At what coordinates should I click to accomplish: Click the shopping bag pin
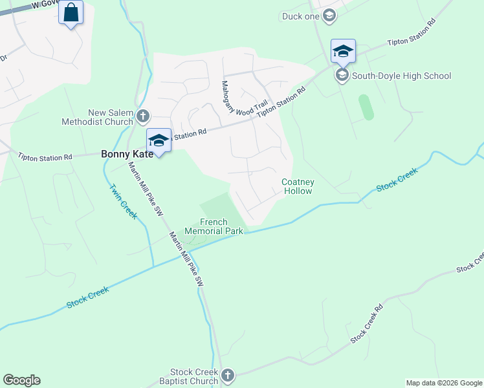(71, 12)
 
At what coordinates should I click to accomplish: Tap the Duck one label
(301, 16)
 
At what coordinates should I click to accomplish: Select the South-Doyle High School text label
(401, 76)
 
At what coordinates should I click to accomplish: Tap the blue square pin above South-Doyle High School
(342, 51)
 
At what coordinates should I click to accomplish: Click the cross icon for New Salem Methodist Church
(143, 116)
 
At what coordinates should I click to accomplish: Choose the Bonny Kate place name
(127, 154)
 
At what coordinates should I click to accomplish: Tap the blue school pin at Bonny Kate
(159, 140)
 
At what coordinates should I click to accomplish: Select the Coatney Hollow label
(298, 186)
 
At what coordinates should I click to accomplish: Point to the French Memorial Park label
(214, 226)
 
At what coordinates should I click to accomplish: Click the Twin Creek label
(123, 202)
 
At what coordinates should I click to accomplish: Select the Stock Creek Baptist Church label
(194, 376)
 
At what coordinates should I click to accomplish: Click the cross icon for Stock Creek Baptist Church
(227, 375)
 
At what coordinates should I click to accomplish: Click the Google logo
(21, 380)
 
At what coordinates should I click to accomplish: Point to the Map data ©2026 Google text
(444, 383)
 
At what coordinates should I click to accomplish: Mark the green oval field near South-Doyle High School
(366, 107)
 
